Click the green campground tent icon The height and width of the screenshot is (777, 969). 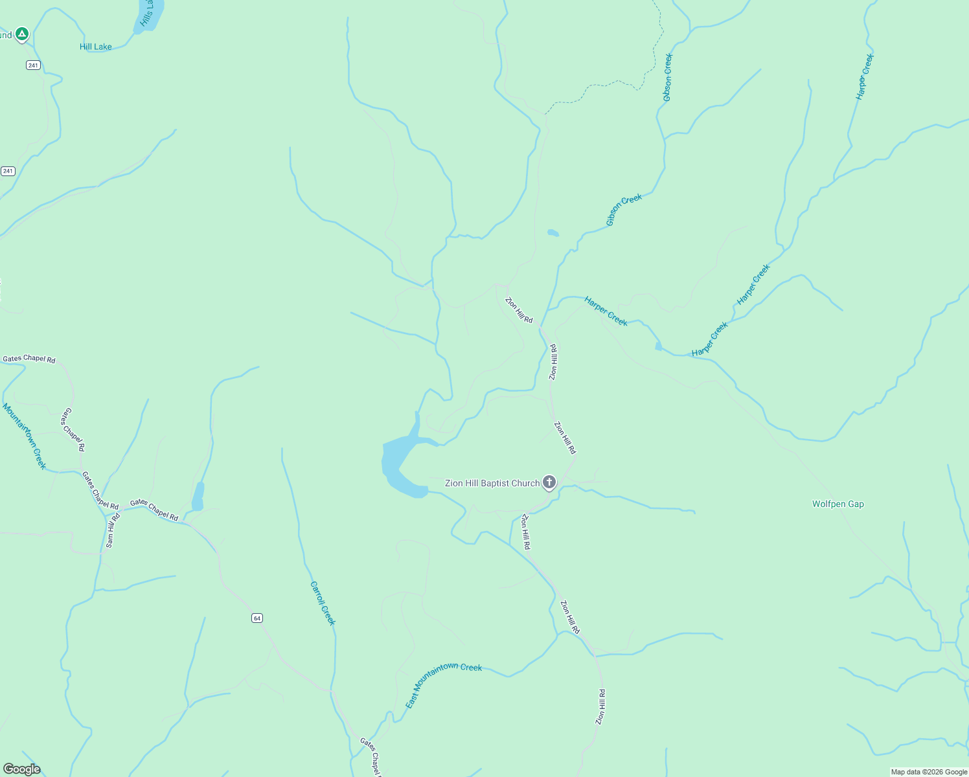click(x=21, y=33)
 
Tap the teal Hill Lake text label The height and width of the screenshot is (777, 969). click(x=95, y=47)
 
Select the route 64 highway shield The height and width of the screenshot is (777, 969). click(x=257, y=618)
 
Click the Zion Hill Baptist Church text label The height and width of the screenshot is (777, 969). click(x=492, y=483)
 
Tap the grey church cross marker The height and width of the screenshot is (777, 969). click(x=549, y=482)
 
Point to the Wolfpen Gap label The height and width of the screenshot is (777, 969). click(x=838, y=504)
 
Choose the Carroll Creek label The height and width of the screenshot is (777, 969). click(x=323, y=603)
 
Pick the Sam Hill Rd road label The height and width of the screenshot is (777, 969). click(x=113, y=531)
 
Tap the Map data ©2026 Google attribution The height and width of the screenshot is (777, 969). click(x=929, y=772)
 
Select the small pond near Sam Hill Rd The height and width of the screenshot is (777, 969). click(x=198, y=497)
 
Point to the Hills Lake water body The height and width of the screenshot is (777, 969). click(x=150, y=14)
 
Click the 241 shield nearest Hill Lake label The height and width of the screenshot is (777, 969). click(x=33, y=65)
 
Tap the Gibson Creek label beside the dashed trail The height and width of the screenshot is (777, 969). click(x=668, y=77)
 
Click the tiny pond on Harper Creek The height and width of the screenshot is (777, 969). click(x=658, y=346)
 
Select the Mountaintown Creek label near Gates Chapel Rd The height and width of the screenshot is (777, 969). click(x=25, y=436)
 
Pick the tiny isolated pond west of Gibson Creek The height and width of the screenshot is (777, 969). click(x=553, y=232)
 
